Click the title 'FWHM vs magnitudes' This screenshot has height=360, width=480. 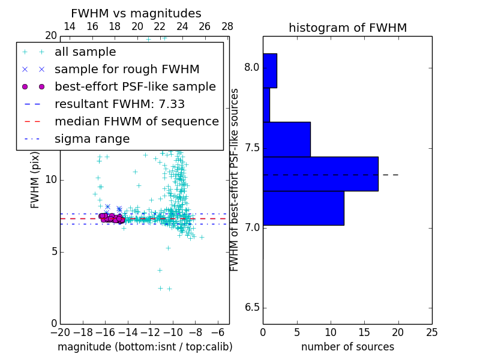pos(136,14)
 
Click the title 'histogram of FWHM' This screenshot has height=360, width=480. pos(347,28)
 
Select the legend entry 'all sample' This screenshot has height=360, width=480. pos(85,52)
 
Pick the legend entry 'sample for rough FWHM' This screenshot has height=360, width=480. pos(127,70)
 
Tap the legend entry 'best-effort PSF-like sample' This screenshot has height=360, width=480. pos(135,87)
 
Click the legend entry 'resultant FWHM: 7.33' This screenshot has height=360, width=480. pos(119,104)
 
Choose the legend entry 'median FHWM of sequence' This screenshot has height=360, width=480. pos(136,122)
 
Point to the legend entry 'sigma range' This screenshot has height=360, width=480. pos(92,139)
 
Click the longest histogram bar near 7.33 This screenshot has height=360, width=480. pos(320,174)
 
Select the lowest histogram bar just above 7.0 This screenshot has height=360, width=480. pos(303,208)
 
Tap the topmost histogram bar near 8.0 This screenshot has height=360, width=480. pos(269,71)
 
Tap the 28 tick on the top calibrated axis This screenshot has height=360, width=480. pos(227,26)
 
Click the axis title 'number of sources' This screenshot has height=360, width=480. pos(347,347)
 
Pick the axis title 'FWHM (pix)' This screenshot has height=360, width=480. pos(35,179)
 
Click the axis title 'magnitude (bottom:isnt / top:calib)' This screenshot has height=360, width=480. pos(145,347)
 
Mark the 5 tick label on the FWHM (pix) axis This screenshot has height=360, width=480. pos(53,252)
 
